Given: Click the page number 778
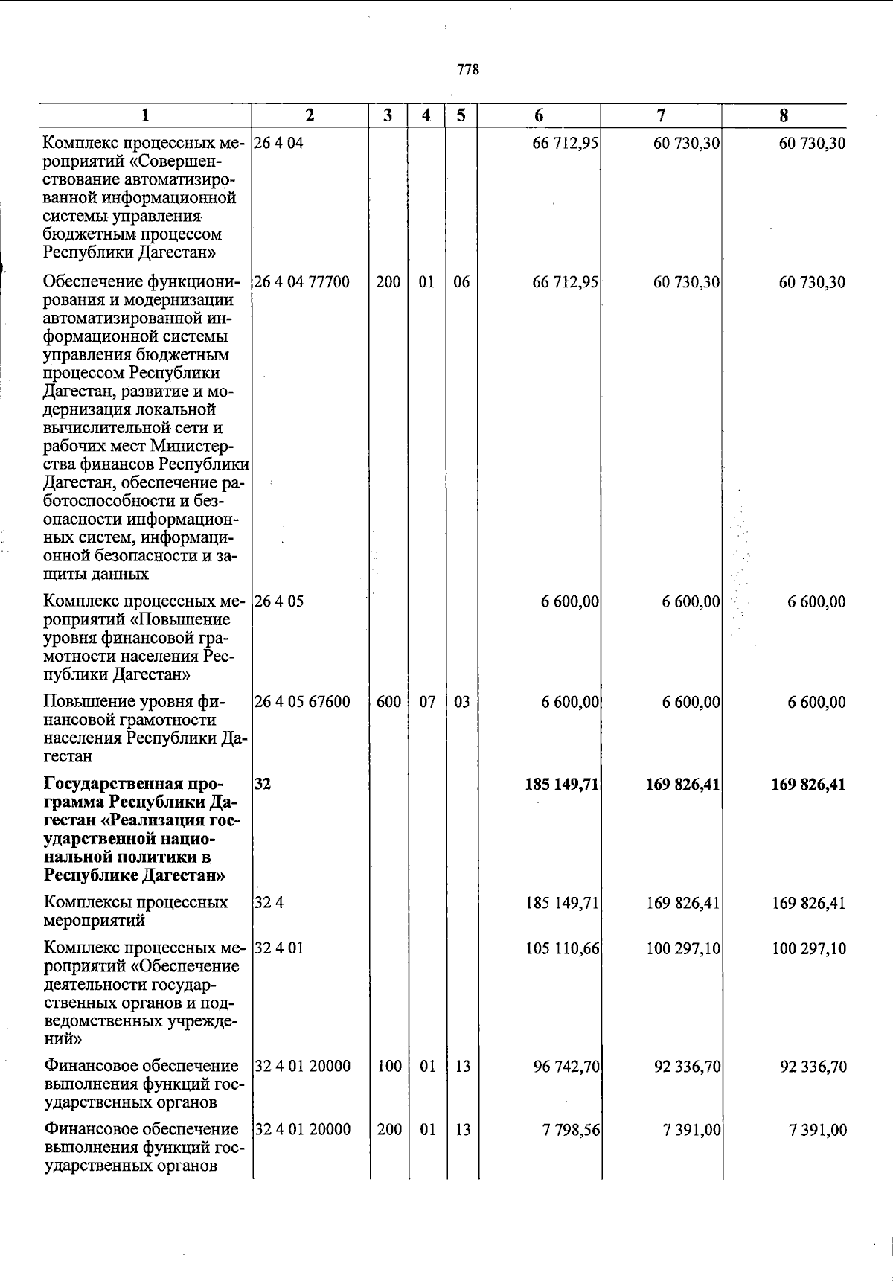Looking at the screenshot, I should (x=468, y=70).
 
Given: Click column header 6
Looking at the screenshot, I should (x=539, y=115).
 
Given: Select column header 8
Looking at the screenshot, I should (x=784, y=115).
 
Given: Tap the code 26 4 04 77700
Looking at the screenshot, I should (x=302, y=282).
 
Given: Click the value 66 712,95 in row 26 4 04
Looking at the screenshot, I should (x=566, y=143).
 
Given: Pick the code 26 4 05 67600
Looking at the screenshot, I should (x=302, y=702).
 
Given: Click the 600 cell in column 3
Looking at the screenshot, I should (x=388, y=702).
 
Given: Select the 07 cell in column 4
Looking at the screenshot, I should (x=426, y=702).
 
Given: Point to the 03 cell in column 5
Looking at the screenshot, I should (x=461, y=702).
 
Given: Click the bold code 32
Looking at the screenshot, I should (x=262, y=785).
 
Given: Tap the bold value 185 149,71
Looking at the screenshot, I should (x=562, y=785).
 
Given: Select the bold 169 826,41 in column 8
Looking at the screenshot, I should (x=808, y=785).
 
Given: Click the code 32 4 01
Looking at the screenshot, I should (x=279, y=949).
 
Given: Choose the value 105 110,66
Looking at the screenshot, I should (x=562, y=949).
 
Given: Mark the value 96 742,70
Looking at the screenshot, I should (x=566, y=1067).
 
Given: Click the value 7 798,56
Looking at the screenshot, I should (x=570, y=1130).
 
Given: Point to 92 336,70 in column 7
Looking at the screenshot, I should (x=687, y=1067).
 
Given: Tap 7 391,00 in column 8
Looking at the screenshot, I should (x=817, y=1130).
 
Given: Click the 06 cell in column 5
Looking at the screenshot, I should (x=461, y=282).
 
